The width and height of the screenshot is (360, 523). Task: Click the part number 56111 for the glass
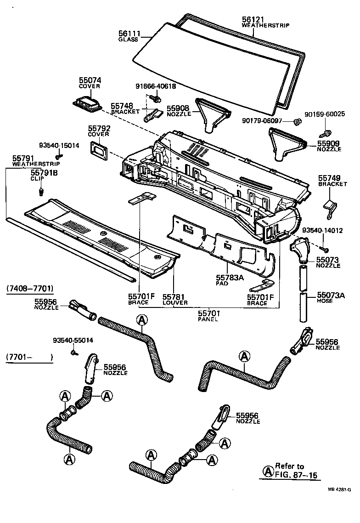(x=129, y=34)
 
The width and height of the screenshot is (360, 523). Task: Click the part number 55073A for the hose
(x=330, y=296)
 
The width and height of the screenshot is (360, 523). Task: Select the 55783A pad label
(x=229, y=278)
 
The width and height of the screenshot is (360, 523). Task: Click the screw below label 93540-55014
(x=73, y=352)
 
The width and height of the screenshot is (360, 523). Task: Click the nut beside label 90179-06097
(x=297, y=121)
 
